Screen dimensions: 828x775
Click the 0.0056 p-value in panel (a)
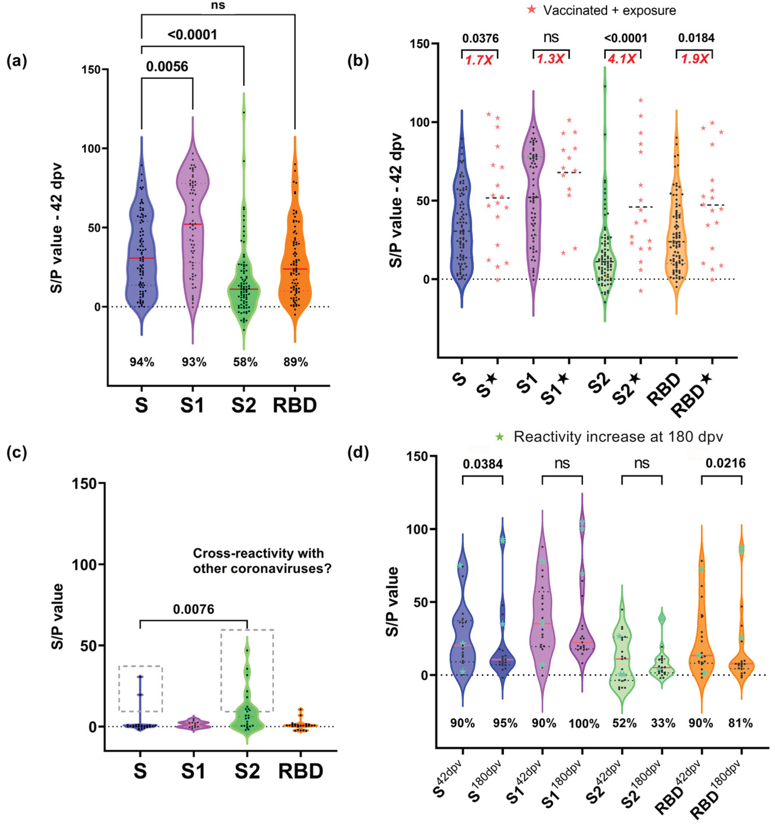[x=167, y=67]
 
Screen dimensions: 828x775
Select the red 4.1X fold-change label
[x=622, y=59]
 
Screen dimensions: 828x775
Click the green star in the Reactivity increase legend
[x=499, y=437]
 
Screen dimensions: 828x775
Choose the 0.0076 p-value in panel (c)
[x=194, y=609]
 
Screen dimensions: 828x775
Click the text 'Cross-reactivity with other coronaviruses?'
[x=262, y=561]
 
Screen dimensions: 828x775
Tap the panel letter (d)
[x=358, y=453]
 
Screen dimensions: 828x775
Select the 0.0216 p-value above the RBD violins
[x=725, y=463]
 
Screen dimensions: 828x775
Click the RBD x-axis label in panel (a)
[x=295, y=405]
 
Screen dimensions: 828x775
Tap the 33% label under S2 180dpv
[x=663, y=723]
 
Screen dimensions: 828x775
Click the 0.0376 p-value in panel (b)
[x=480, y=39]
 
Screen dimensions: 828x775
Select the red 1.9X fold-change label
[x=694, y=59]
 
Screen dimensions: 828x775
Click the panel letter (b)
[x=358, y=61]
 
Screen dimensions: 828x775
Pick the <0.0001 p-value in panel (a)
[x=192, y=34]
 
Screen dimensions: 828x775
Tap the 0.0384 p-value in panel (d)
[x=483, y=464]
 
